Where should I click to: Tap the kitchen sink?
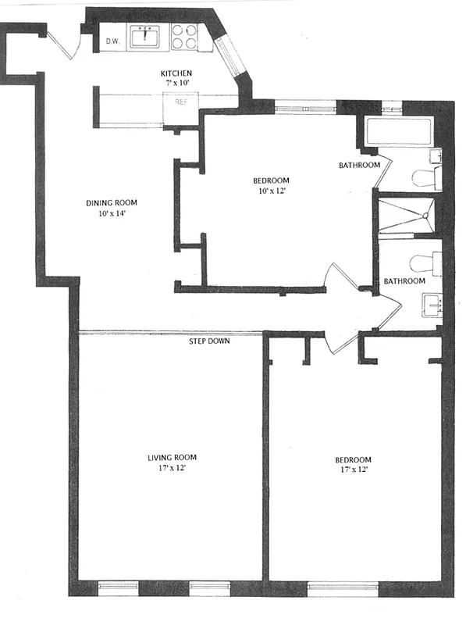(144, 37)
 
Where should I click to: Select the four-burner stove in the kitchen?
(184, 37)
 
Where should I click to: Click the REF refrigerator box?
(180, 102)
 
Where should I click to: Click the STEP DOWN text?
(209, 341)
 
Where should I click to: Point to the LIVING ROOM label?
(172, 457)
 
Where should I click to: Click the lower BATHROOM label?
(404, 280)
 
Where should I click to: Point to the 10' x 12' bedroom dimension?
(271, 191)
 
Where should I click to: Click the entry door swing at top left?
(65, 43)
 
